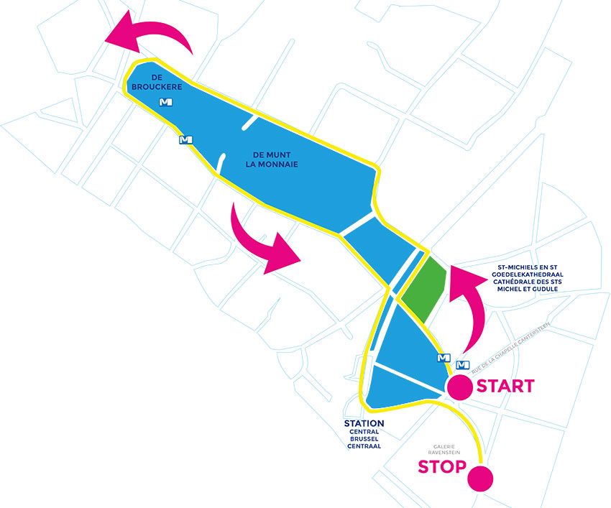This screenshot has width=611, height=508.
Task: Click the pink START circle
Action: click(x=460, y=387)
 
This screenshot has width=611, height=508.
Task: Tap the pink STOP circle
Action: click(x=480, y=478)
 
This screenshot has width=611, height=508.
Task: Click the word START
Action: click(x=505, y=386)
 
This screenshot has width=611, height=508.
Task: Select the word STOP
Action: click(x=442, y=467)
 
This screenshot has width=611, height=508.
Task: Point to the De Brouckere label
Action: click(x=157, y=83)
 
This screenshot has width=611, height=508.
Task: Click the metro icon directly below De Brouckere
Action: click(x=166, y=102)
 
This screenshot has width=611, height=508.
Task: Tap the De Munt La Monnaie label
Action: click(x=272, y=160)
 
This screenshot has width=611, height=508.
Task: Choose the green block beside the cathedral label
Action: click(x=423, y=288)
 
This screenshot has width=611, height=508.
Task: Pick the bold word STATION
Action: click(x=364, y=423)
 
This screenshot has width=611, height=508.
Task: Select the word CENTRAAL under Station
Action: click(x=364, y=446)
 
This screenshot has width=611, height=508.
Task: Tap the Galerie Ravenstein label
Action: click(x=444, y=450)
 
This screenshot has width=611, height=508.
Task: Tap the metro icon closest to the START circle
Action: click(x=462, y=365)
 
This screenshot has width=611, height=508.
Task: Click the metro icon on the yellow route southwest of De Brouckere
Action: click(x=185, y=139)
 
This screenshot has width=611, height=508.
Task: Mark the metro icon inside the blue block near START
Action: click(x=444, y=357)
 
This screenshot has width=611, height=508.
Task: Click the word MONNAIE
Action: click(x=277, y=165)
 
